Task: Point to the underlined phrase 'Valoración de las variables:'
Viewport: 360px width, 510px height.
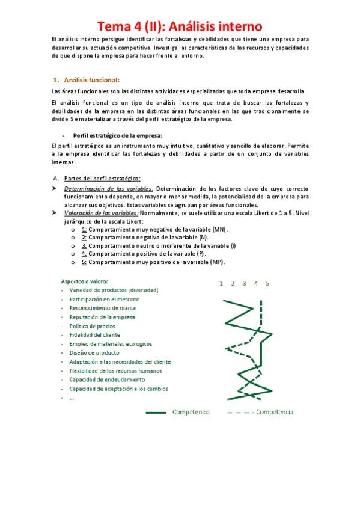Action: pyautogui.click(x=101, y=213)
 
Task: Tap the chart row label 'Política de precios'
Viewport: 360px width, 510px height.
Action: pyautogui.click(x=93, y=326)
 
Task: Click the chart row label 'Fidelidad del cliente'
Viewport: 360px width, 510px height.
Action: pyautogui.click(x=94, y=335)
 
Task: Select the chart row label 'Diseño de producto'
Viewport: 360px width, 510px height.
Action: pyautogui.click(x=94, y=353)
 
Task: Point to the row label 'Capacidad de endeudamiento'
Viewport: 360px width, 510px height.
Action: pyautogui.click(x=106, y=380)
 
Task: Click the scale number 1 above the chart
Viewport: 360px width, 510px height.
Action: pyautogui.click(x=221, y=283)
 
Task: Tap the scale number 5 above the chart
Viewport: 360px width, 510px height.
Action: pyautogui.click(x=267, y=283)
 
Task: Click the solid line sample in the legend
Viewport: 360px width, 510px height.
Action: pyautogui.click(x=156, y=413)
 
